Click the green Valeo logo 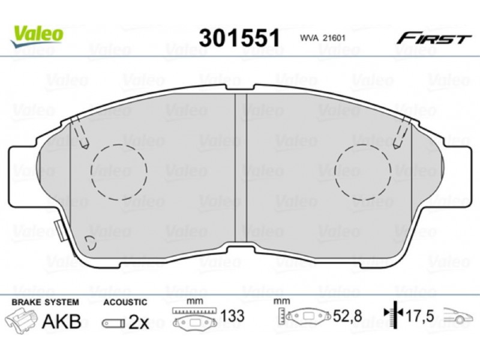(x=37, y=36)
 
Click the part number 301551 (x=239, y=38)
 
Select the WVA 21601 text (x=323, y=38)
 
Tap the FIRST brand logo (x=433, y=38)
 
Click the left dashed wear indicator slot (x=80, y=131)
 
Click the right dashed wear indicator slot (x=403, y=132)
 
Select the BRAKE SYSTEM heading (x=46, y=302)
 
